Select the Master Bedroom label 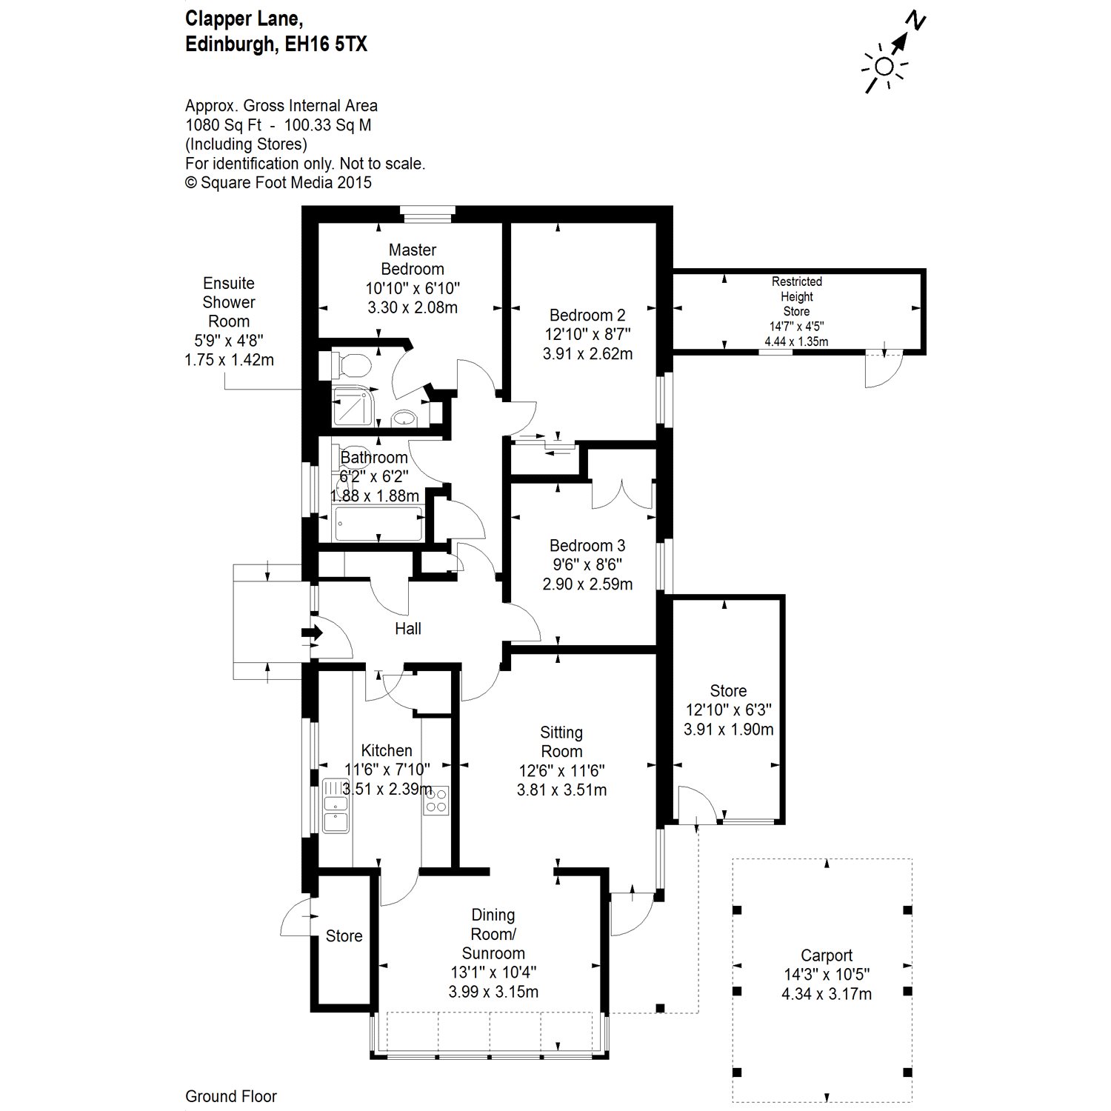point(413,259)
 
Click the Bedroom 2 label point(587,316)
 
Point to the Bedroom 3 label point(587,546)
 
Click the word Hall point(407,629)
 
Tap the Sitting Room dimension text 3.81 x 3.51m point(561,790)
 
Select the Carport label point(827,955)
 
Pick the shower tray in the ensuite point(354,406)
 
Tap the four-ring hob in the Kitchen point(436,800)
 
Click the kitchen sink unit point(336,806)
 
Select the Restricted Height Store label point(796,296)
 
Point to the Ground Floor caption point(231,1096)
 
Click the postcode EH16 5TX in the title point(327,44)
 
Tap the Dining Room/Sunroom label point(493,934)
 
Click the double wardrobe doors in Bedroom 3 point(622,493)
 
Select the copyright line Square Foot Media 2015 point(278,182)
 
